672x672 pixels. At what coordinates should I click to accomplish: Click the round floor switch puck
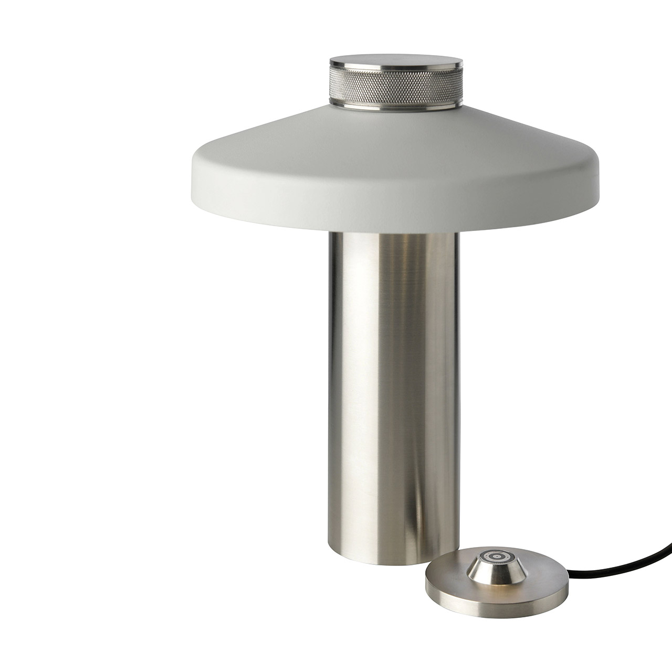click(496, 572)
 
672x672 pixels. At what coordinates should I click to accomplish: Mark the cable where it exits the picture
click(669, 524)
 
